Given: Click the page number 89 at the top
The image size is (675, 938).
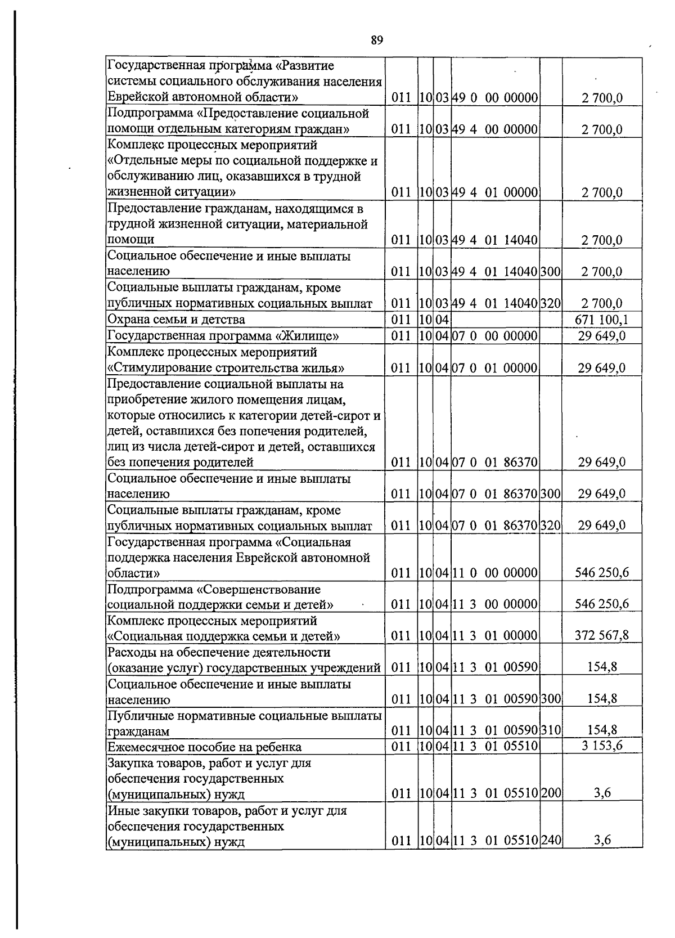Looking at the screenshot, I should (x=376, y=40).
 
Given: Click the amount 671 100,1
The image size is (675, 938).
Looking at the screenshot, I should (x=601, y=320).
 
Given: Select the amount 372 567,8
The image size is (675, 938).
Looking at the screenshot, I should (x=601, y=635).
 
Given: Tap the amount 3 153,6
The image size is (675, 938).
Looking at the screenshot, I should (x=601, y=746).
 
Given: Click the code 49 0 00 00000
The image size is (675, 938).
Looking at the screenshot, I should (x=495, y=98).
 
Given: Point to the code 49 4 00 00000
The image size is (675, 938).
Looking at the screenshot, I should (x=495, y=129).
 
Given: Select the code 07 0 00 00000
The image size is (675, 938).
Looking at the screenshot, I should (x=495, y=336).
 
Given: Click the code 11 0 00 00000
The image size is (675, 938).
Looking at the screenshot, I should (x=495, y=573).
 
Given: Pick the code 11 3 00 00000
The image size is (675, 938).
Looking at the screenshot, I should (x=495, y=604).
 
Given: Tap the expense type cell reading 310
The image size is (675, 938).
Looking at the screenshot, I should (x=551, y=730).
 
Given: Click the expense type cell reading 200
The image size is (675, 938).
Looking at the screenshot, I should (x=551, y=793).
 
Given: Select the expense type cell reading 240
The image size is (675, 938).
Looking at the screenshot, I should (x=551, y=841).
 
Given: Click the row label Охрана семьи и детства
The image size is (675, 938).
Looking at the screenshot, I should (x=176, y=320).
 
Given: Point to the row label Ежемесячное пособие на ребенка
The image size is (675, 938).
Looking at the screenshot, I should (x=204, y=747).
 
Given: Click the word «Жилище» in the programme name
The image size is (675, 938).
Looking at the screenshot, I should (x=308, y=336).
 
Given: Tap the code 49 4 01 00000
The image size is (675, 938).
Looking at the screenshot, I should (x=495, y=192).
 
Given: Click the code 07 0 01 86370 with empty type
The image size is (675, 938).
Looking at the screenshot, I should (x=495, y=463).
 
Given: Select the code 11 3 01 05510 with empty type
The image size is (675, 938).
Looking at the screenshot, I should (x=495, y=746).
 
